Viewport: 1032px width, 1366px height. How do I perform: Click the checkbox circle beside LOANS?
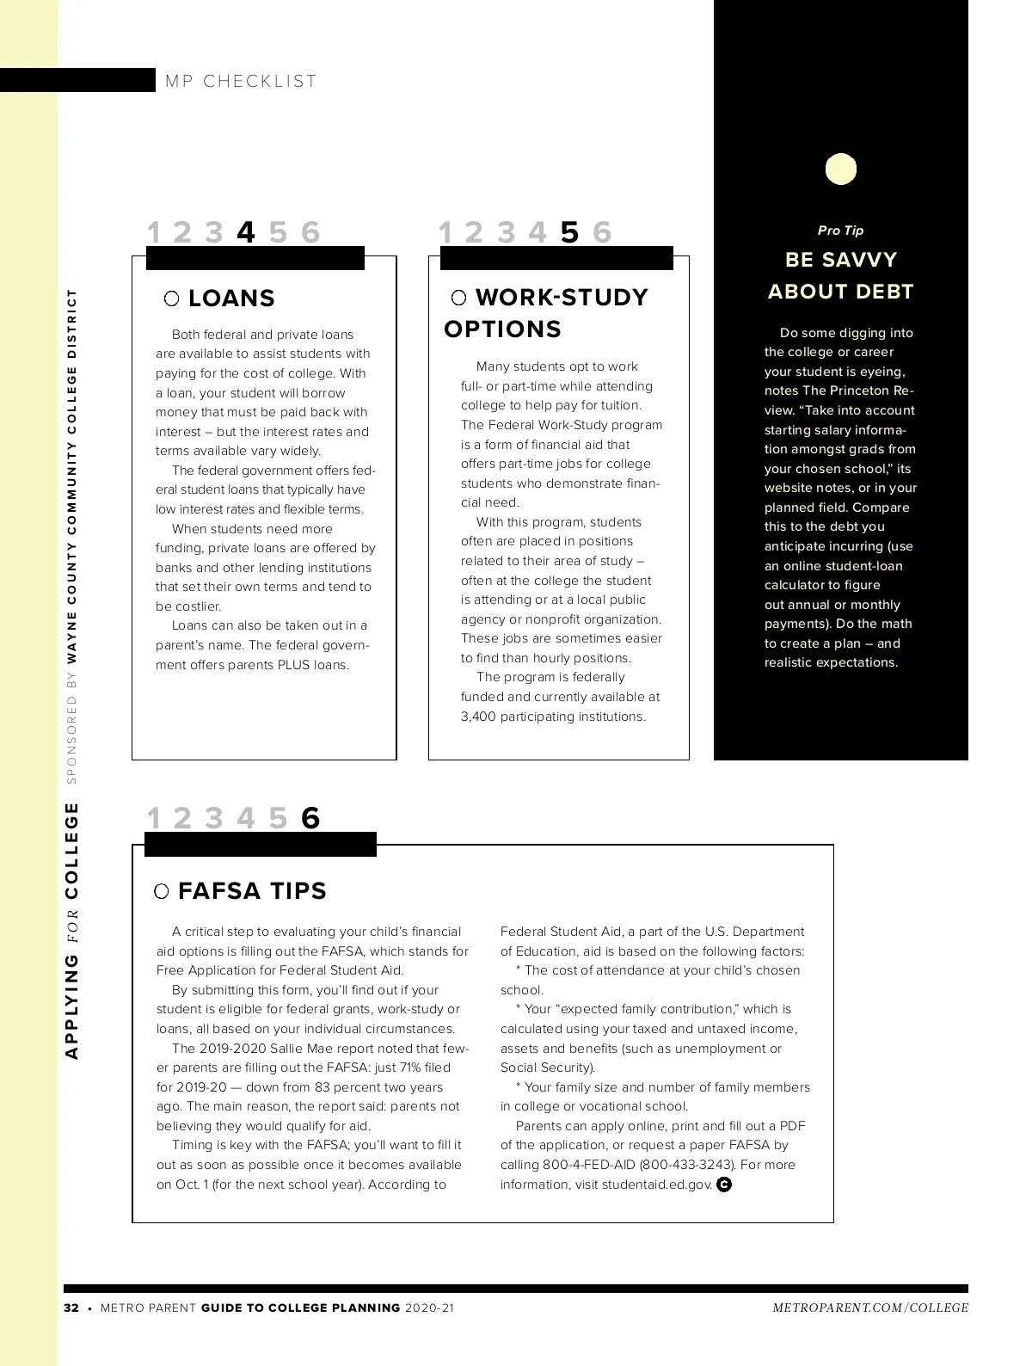172,298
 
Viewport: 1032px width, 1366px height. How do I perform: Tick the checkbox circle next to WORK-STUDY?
459,298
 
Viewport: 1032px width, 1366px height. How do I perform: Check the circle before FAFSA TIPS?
161,891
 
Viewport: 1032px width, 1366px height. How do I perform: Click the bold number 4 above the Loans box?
246,232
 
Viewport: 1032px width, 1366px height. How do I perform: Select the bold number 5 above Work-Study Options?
569,232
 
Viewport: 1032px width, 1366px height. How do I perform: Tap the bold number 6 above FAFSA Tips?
310,818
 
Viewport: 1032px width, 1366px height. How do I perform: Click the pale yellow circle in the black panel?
841,169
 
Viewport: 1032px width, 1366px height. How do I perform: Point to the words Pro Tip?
840,231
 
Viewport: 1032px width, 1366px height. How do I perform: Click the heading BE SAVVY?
840,260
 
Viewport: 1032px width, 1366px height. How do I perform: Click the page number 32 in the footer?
71,1308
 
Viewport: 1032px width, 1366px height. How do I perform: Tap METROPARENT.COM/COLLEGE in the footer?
870,1308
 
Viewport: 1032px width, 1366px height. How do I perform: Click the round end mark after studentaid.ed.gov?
724,1184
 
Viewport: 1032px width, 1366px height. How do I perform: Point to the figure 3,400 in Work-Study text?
478,717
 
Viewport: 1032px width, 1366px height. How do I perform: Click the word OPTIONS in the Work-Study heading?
502,329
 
